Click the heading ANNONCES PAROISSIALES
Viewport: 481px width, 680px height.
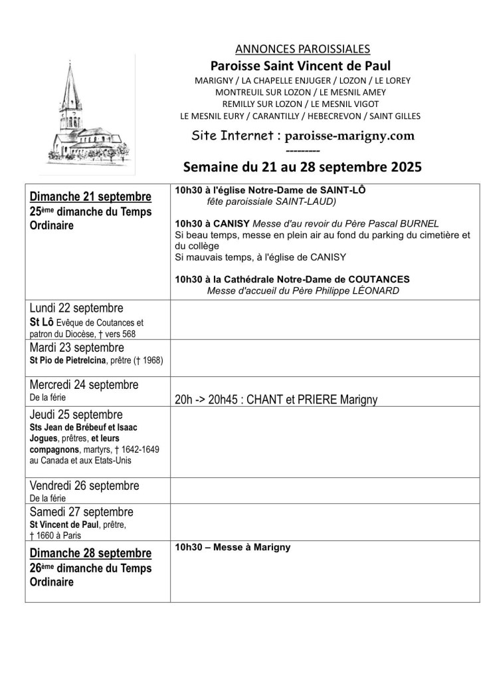pos(302,49)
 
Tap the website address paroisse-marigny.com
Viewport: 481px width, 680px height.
pos(349,136)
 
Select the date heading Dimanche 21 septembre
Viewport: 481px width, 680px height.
pos(90,197)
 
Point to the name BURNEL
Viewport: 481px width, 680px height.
pos(421,224)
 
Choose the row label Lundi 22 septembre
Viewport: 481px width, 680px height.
pos(76,308)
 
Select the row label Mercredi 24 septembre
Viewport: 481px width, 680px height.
pos(84,385)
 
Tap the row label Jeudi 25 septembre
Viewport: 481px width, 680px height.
pos(76,414)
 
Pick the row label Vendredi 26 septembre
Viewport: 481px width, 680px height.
pos(84,486)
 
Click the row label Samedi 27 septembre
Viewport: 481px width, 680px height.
pos(82,512)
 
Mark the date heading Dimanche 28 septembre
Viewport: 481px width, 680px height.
pos(90,553)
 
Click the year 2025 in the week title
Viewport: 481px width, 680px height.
pos(400,166)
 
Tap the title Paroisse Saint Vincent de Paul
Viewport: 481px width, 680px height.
pos(300,65)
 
